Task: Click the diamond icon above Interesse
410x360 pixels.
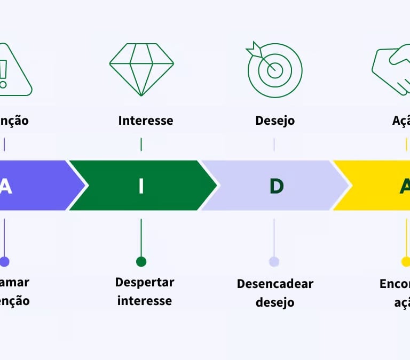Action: coord(141,69)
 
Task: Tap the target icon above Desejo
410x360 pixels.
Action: coord(274,70)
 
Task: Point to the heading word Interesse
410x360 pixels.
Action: coord(146,121)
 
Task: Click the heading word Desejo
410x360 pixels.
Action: coord(275,121)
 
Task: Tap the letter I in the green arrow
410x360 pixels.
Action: coord(141,186)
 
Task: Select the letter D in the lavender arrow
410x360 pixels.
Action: coord(276,186)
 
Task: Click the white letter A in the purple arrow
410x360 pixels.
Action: coord(5,186)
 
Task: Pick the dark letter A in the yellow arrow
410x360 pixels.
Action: coord(405,186)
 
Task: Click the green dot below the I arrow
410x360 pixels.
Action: coord(141,261)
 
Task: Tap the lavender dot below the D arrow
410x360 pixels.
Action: coord(274,261)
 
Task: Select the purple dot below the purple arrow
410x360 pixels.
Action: coord(4,261)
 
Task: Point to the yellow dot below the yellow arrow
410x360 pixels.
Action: coord(406,261)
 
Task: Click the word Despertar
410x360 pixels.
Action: coord(145,283)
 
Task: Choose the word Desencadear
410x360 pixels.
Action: coord(275,284)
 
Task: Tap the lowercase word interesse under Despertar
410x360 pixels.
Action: coord(145,301)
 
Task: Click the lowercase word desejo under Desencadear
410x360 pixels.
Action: coord(275,302)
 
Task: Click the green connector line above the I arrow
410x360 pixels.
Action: coord(141,145)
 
